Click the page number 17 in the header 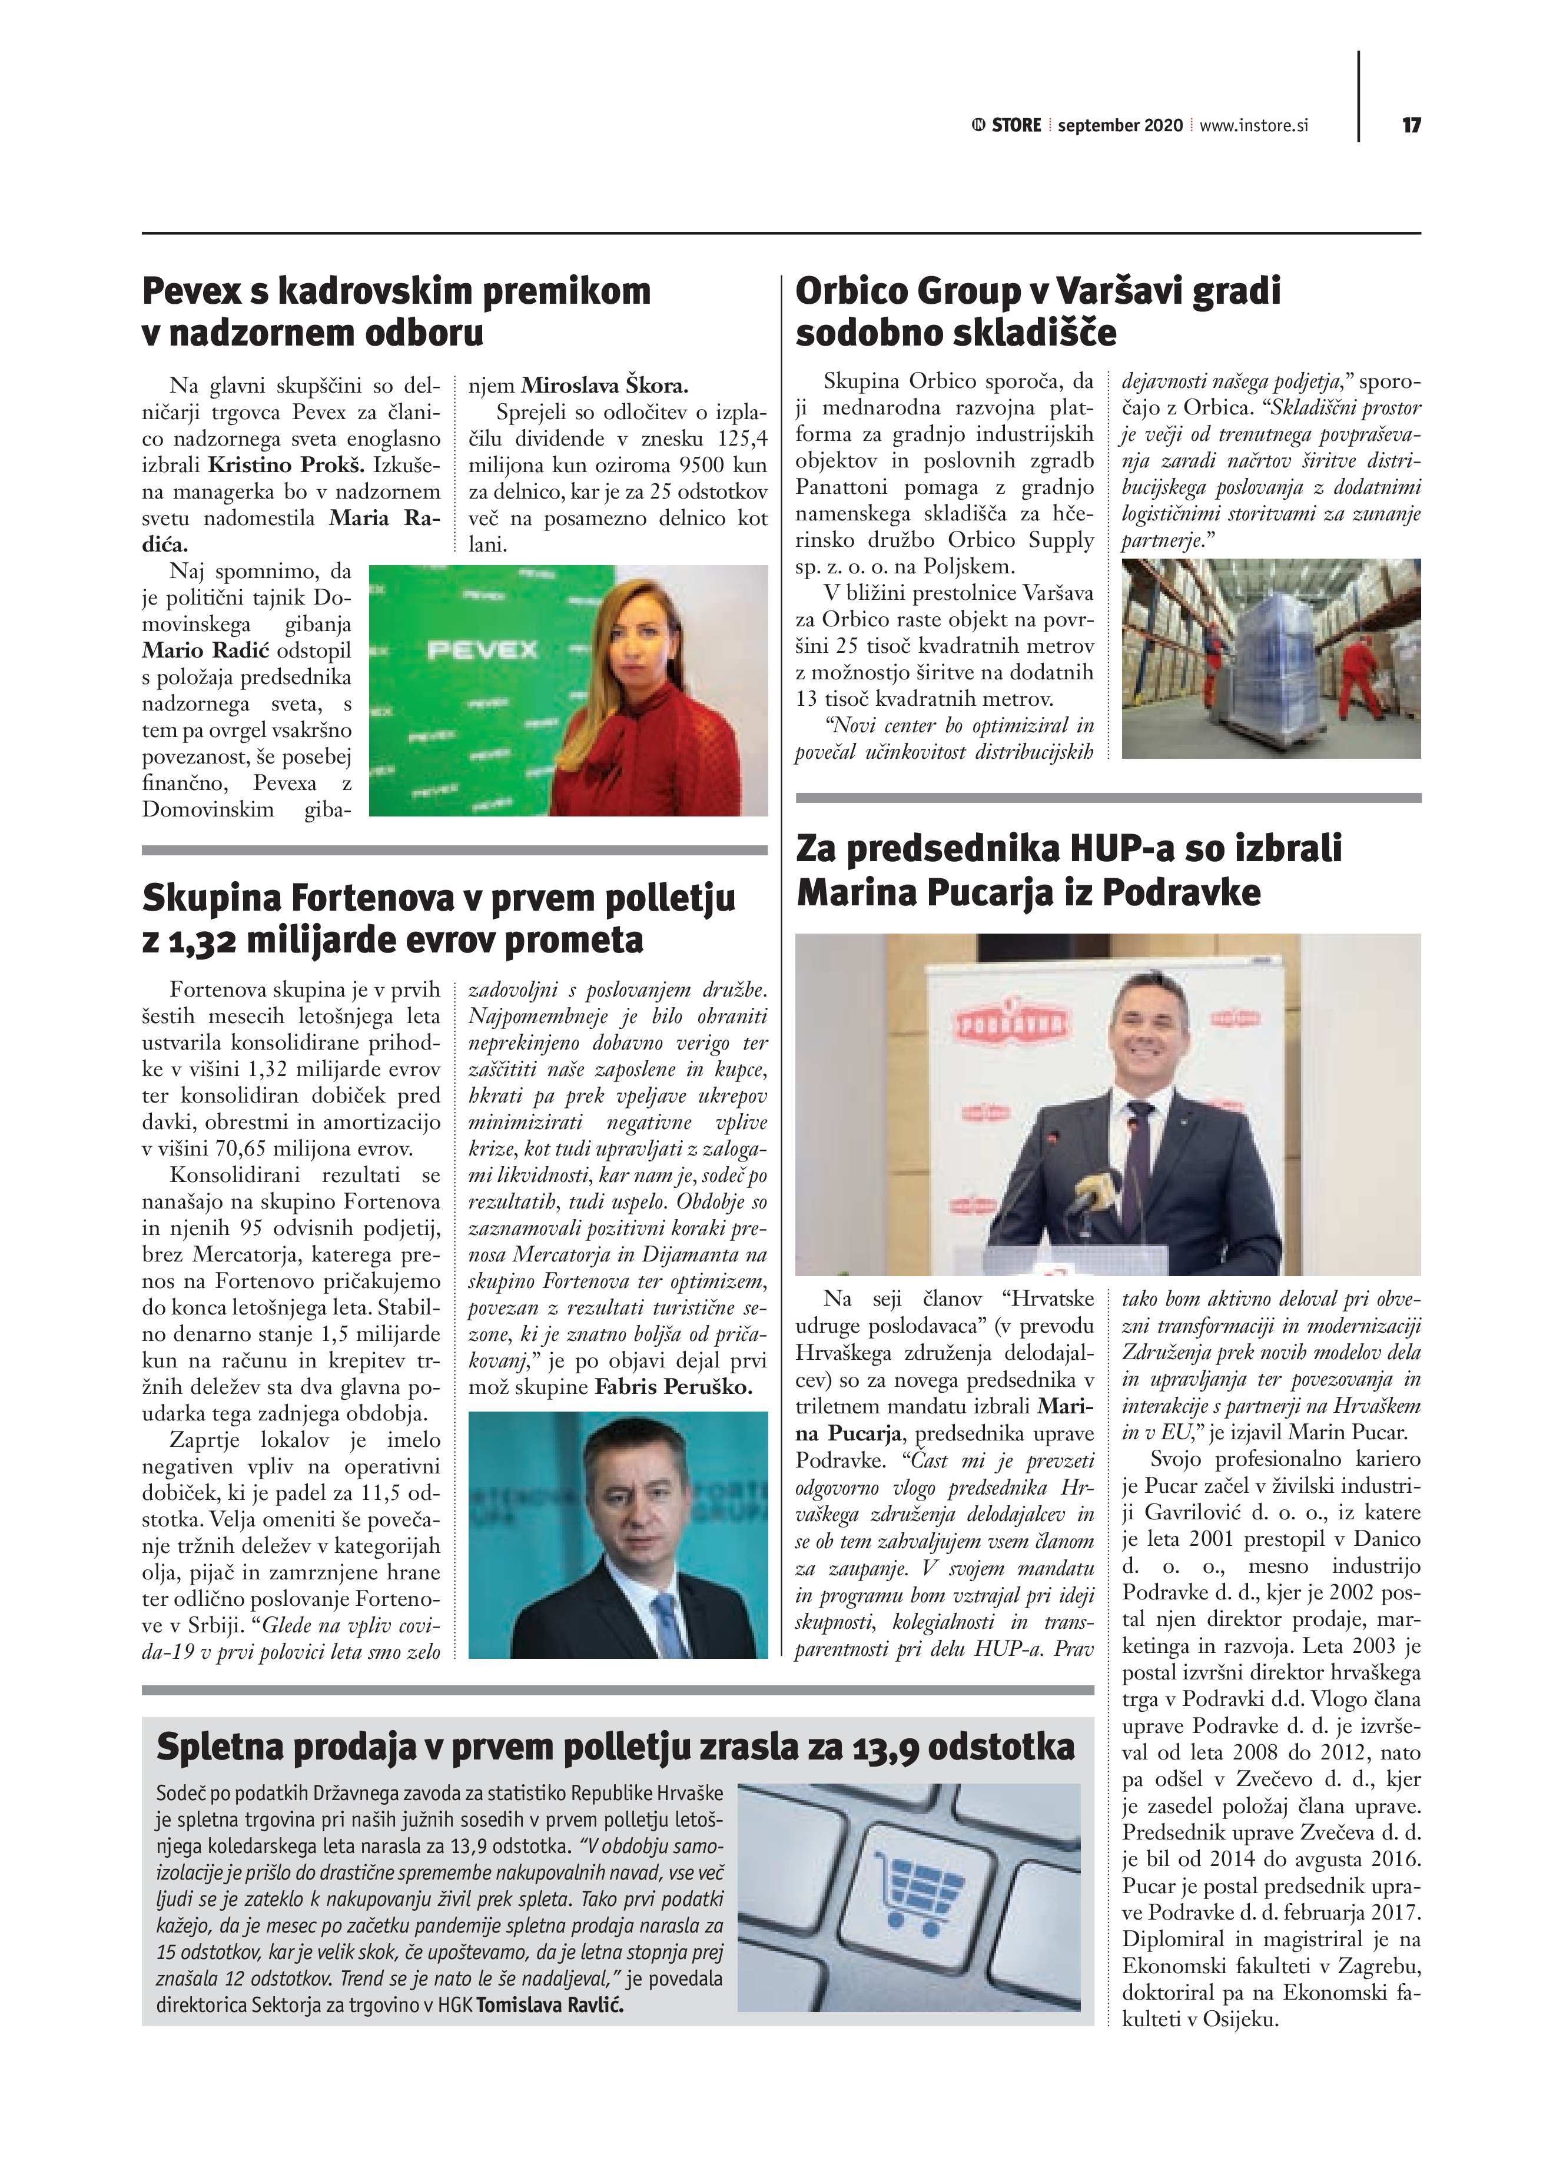1411,125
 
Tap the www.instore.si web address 1253,125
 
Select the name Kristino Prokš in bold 286,466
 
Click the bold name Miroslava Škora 604,386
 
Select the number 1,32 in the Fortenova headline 202,941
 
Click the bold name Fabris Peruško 673,1387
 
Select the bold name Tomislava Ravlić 550,2004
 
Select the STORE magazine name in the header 1016,125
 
